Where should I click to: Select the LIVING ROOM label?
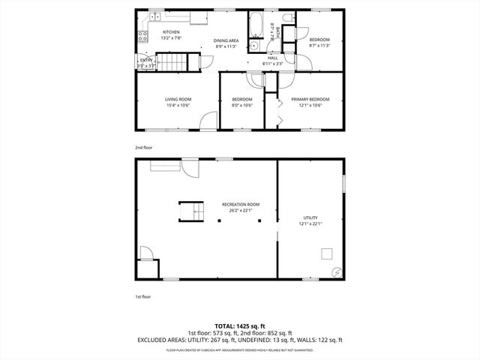click(178, 100)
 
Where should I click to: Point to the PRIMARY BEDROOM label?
click(310, 100)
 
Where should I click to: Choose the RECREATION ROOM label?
click(241, 205)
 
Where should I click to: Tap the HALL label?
click(272, 58)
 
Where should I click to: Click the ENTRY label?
click(146, 61)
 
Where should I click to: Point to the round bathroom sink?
click(253, 45)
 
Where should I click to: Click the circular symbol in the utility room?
click(337, 271)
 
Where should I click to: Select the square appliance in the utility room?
click(326, 253)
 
